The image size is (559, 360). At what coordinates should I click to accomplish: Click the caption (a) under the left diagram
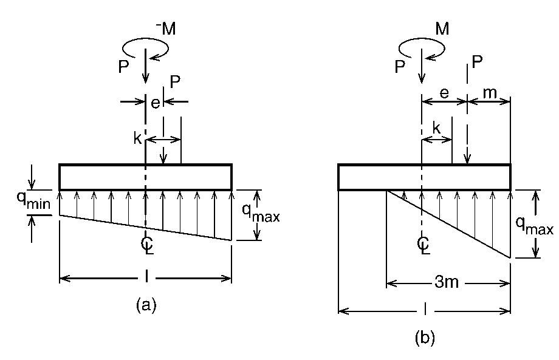point(146,305)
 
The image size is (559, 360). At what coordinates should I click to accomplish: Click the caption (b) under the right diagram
point(425,338)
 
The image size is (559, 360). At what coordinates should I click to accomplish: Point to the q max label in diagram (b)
point(535,225)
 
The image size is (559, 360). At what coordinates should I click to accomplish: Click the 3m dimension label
point(447,284)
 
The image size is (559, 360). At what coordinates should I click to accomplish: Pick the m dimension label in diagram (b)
point(489,92)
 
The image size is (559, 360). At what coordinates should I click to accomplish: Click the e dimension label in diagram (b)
point(444,92)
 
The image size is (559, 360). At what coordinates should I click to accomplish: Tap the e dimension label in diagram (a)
point(156,103)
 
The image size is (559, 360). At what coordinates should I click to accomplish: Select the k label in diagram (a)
point(137,138)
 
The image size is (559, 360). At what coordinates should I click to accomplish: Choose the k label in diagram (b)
point(436,129)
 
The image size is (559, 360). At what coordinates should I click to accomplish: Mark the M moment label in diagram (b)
point(442,29)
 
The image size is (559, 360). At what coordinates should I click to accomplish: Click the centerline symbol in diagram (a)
point(146,244)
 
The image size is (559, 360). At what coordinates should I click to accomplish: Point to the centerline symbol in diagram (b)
point(424,244)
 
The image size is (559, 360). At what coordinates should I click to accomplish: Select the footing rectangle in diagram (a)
point(146,177)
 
